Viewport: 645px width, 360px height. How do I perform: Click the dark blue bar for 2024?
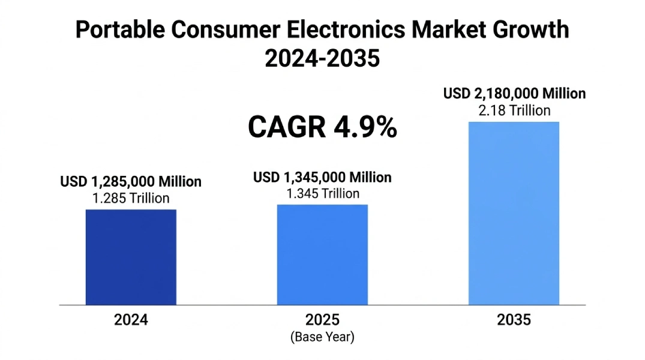pyautogui.click(x=131, y=257)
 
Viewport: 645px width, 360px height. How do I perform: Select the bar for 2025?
pyautogui.click(x=322, y=254)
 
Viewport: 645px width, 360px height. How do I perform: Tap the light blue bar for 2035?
pyautogui.click(x=514, y=213)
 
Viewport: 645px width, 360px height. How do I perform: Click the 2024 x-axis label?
pyautogui.click(x=131, y=320)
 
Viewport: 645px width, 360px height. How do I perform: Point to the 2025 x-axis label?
pyautogui.click(x=322, y=320)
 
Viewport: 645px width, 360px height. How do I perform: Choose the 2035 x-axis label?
pyautogui.click(x=514, y=320)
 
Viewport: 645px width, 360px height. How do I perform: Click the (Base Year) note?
pyautogui.click(x=322, y=337)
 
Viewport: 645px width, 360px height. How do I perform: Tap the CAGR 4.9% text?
pyautogui.click(x=322, y=128)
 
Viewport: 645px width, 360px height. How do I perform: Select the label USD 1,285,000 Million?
pyautogui.click(x=131, y=182)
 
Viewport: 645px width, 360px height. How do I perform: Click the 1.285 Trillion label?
pyautogui.click(x=131, y=198)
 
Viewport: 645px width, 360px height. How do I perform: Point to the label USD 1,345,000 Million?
pyautogui.click(x=322, y=177)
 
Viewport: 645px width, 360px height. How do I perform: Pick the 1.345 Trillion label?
pyautogui.click(x=322, y=193)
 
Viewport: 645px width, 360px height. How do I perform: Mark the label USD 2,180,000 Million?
pyautogui.click(x=514, y=94)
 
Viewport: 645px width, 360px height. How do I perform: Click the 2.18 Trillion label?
pyautogui.click(x=514, y=110)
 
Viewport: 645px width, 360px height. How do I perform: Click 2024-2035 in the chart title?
pyautogui.click(x=322, y=59)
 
